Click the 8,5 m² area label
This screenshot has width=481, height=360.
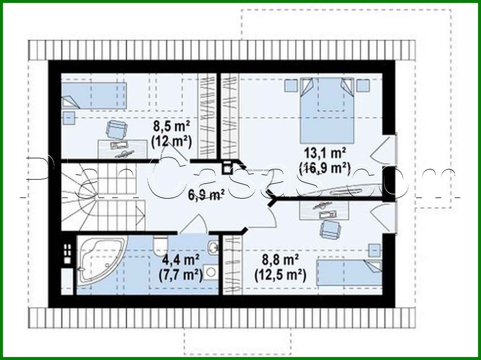tap(171, 126)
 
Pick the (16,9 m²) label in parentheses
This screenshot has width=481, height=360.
tap(324, 168)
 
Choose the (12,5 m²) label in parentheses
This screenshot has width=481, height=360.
tap(280, 275)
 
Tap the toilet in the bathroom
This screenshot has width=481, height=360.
tap(160, 245)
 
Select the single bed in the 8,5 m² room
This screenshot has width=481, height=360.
tap(94, 95)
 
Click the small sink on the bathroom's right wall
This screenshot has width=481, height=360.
tap(213, 247)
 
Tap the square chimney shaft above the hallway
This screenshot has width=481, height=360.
tap(227, 168)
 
